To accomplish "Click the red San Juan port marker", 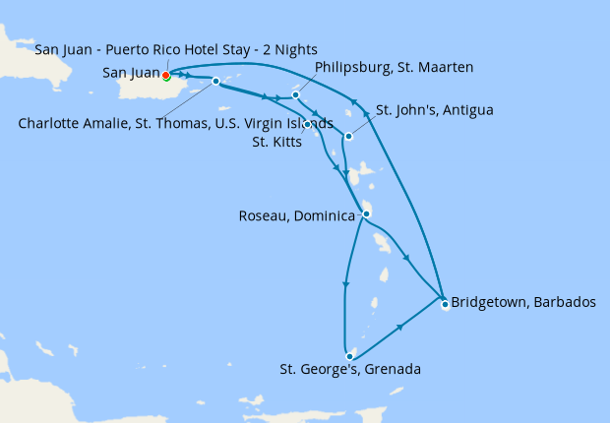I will (x=165, y=75).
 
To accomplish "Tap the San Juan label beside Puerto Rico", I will (x=131, y=72).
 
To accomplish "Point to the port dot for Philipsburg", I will (x=295, y=95).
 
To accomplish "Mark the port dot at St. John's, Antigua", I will (x=348, y=136).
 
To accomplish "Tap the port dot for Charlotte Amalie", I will (x=215, y=82).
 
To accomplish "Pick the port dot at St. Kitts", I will (x=308, y=124).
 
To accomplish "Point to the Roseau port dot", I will (x=366, y=213).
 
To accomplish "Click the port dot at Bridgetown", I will (x=445, y=304).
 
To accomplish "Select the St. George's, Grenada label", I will (x=350, y=370).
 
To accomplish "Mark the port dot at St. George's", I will (x=349, y=356).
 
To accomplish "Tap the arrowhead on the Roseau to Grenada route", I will (x=345, y=285).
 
